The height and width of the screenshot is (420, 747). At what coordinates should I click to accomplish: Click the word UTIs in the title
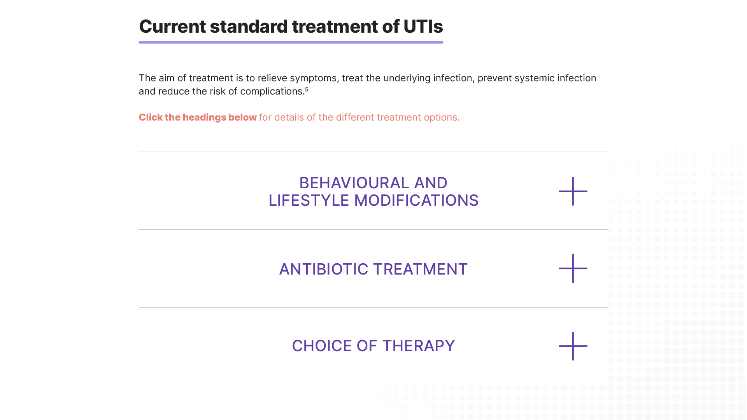point(423,26)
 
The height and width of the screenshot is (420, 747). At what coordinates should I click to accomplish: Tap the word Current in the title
point(172,26)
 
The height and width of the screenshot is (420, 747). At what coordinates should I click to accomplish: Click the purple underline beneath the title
point(291,42)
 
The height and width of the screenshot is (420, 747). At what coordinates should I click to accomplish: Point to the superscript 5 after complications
point(307,89)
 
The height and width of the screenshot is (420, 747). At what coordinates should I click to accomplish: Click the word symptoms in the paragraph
point(314,78)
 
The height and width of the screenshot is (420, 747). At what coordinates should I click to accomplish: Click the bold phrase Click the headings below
point(198,117)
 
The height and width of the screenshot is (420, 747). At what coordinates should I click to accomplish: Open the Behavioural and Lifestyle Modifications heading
point(373,191)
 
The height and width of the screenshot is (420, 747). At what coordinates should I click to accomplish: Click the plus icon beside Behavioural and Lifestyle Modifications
point(573,191)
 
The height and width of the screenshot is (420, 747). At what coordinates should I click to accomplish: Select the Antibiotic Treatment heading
point(373,269)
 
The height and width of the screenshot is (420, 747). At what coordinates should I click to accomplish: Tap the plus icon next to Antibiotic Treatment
point(573,268)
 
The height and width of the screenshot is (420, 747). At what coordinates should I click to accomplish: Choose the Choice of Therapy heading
point(373,346)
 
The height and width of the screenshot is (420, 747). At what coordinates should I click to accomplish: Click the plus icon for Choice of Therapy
point(573,346)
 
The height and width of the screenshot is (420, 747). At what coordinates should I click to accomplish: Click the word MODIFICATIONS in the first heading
point(416,201)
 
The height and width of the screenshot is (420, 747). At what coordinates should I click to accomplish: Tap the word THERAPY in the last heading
point(419,346)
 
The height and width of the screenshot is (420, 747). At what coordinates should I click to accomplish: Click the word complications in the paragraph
point(272,91)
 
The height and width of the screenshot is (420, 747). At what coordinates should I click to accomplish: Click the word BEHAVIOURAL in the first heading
point(354,183)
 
